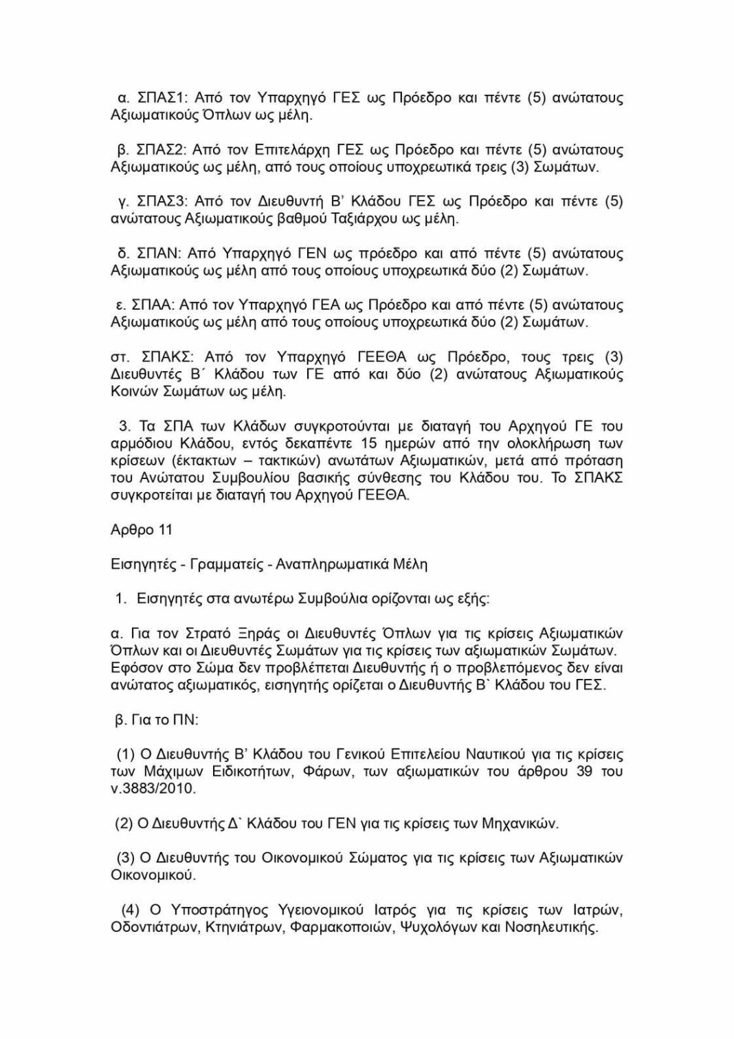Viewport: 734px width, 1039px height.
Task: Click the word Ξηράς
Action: coord(258,633)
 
